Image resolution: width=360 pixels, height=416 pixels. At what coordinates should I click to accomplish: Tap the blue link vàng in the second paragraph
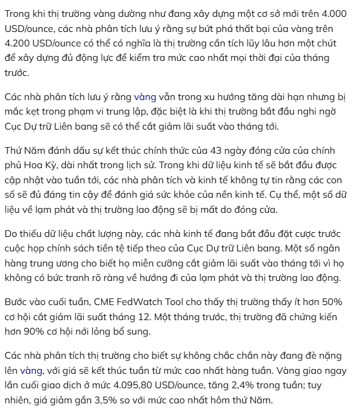pos(145,97)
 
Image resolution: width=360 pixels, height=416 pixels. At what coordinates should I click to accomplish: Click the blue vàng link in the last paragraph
pos(31,371)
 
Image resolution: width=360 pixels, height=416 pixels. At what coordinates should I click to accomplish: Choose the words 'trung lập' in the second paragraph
pos(141,112)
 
